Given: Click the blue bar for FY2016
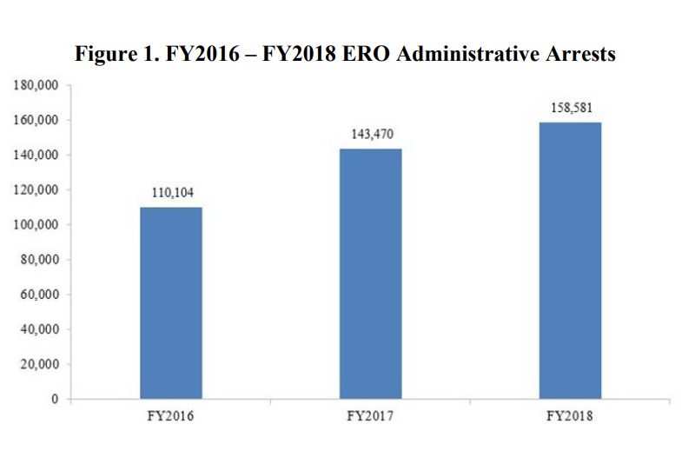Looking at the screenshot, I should pyautogui.click(x=170, y=303).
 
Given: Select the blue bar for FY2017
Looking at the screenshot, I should pyautogui.click(x=371, y=274).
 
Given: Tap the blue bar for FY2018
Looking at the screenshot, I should pyautogui.click(x=570, y=261).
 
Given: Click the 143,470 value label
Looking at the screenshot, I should pyautogui.click(x=371, y=135).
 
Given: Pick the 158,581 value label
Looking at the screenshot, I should pyautogui.click(x=571, y=108).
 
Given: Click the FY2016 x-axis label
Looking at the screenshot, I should pyautogui.click(x=170, y=417).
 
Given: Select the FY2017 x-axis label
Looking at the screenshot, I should pyautogui.click(x=371, y=417).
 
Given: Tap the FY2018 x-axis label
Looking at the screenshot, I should pyautogui.click(x=571, y=417).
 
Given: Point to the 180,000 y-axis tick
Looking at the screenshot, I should pyautogui.click(x=35, y=85).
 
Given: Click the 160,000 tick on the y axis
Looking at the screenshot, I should pyautogui.click(x=35, y=120).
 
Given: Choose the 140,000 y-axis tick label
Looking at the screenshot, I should pyautogui.click(x=35, y=155).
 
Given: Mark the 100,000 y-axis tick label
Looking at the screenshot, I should pyautogui.click(x=35, y=225).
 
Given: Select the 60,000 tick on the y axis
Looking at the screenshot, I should pyautogui.click(x=38, y=295).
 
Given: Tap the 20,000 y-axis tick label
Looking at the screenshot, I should pyautogui.click(x=38, y=364).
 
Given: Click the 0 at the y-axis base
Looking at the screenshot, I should pyautogui.click(x=54, y=400).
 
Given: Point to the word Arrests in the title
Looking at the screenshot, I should pyautogui.click(x=583, y=55).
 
